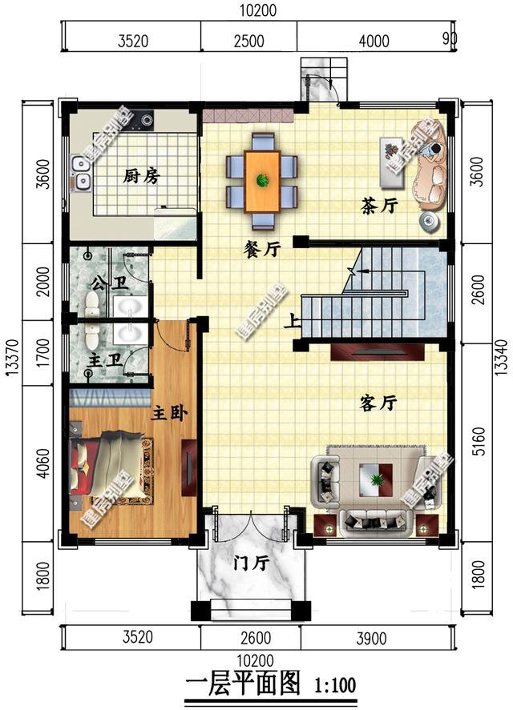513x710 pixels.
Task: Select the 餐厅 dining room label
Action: (x=261, y=250)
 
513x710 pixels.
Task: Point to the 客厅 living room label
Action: (x=378, y=403)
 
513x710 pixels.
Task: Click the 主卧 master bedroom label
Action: (x=169, y=414)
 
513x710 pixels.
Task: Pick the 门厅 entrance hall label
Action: (x=251, y=563)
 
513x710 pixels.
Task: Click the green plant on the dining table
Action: (x=262, y=180)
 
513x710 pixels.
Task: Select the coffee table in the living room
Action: (x=375, y=479)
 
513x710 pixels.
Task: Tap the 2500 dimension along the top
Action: (x=248, y=42)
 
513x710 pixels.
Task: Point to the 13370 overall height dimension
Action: (x=14, y=360)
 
